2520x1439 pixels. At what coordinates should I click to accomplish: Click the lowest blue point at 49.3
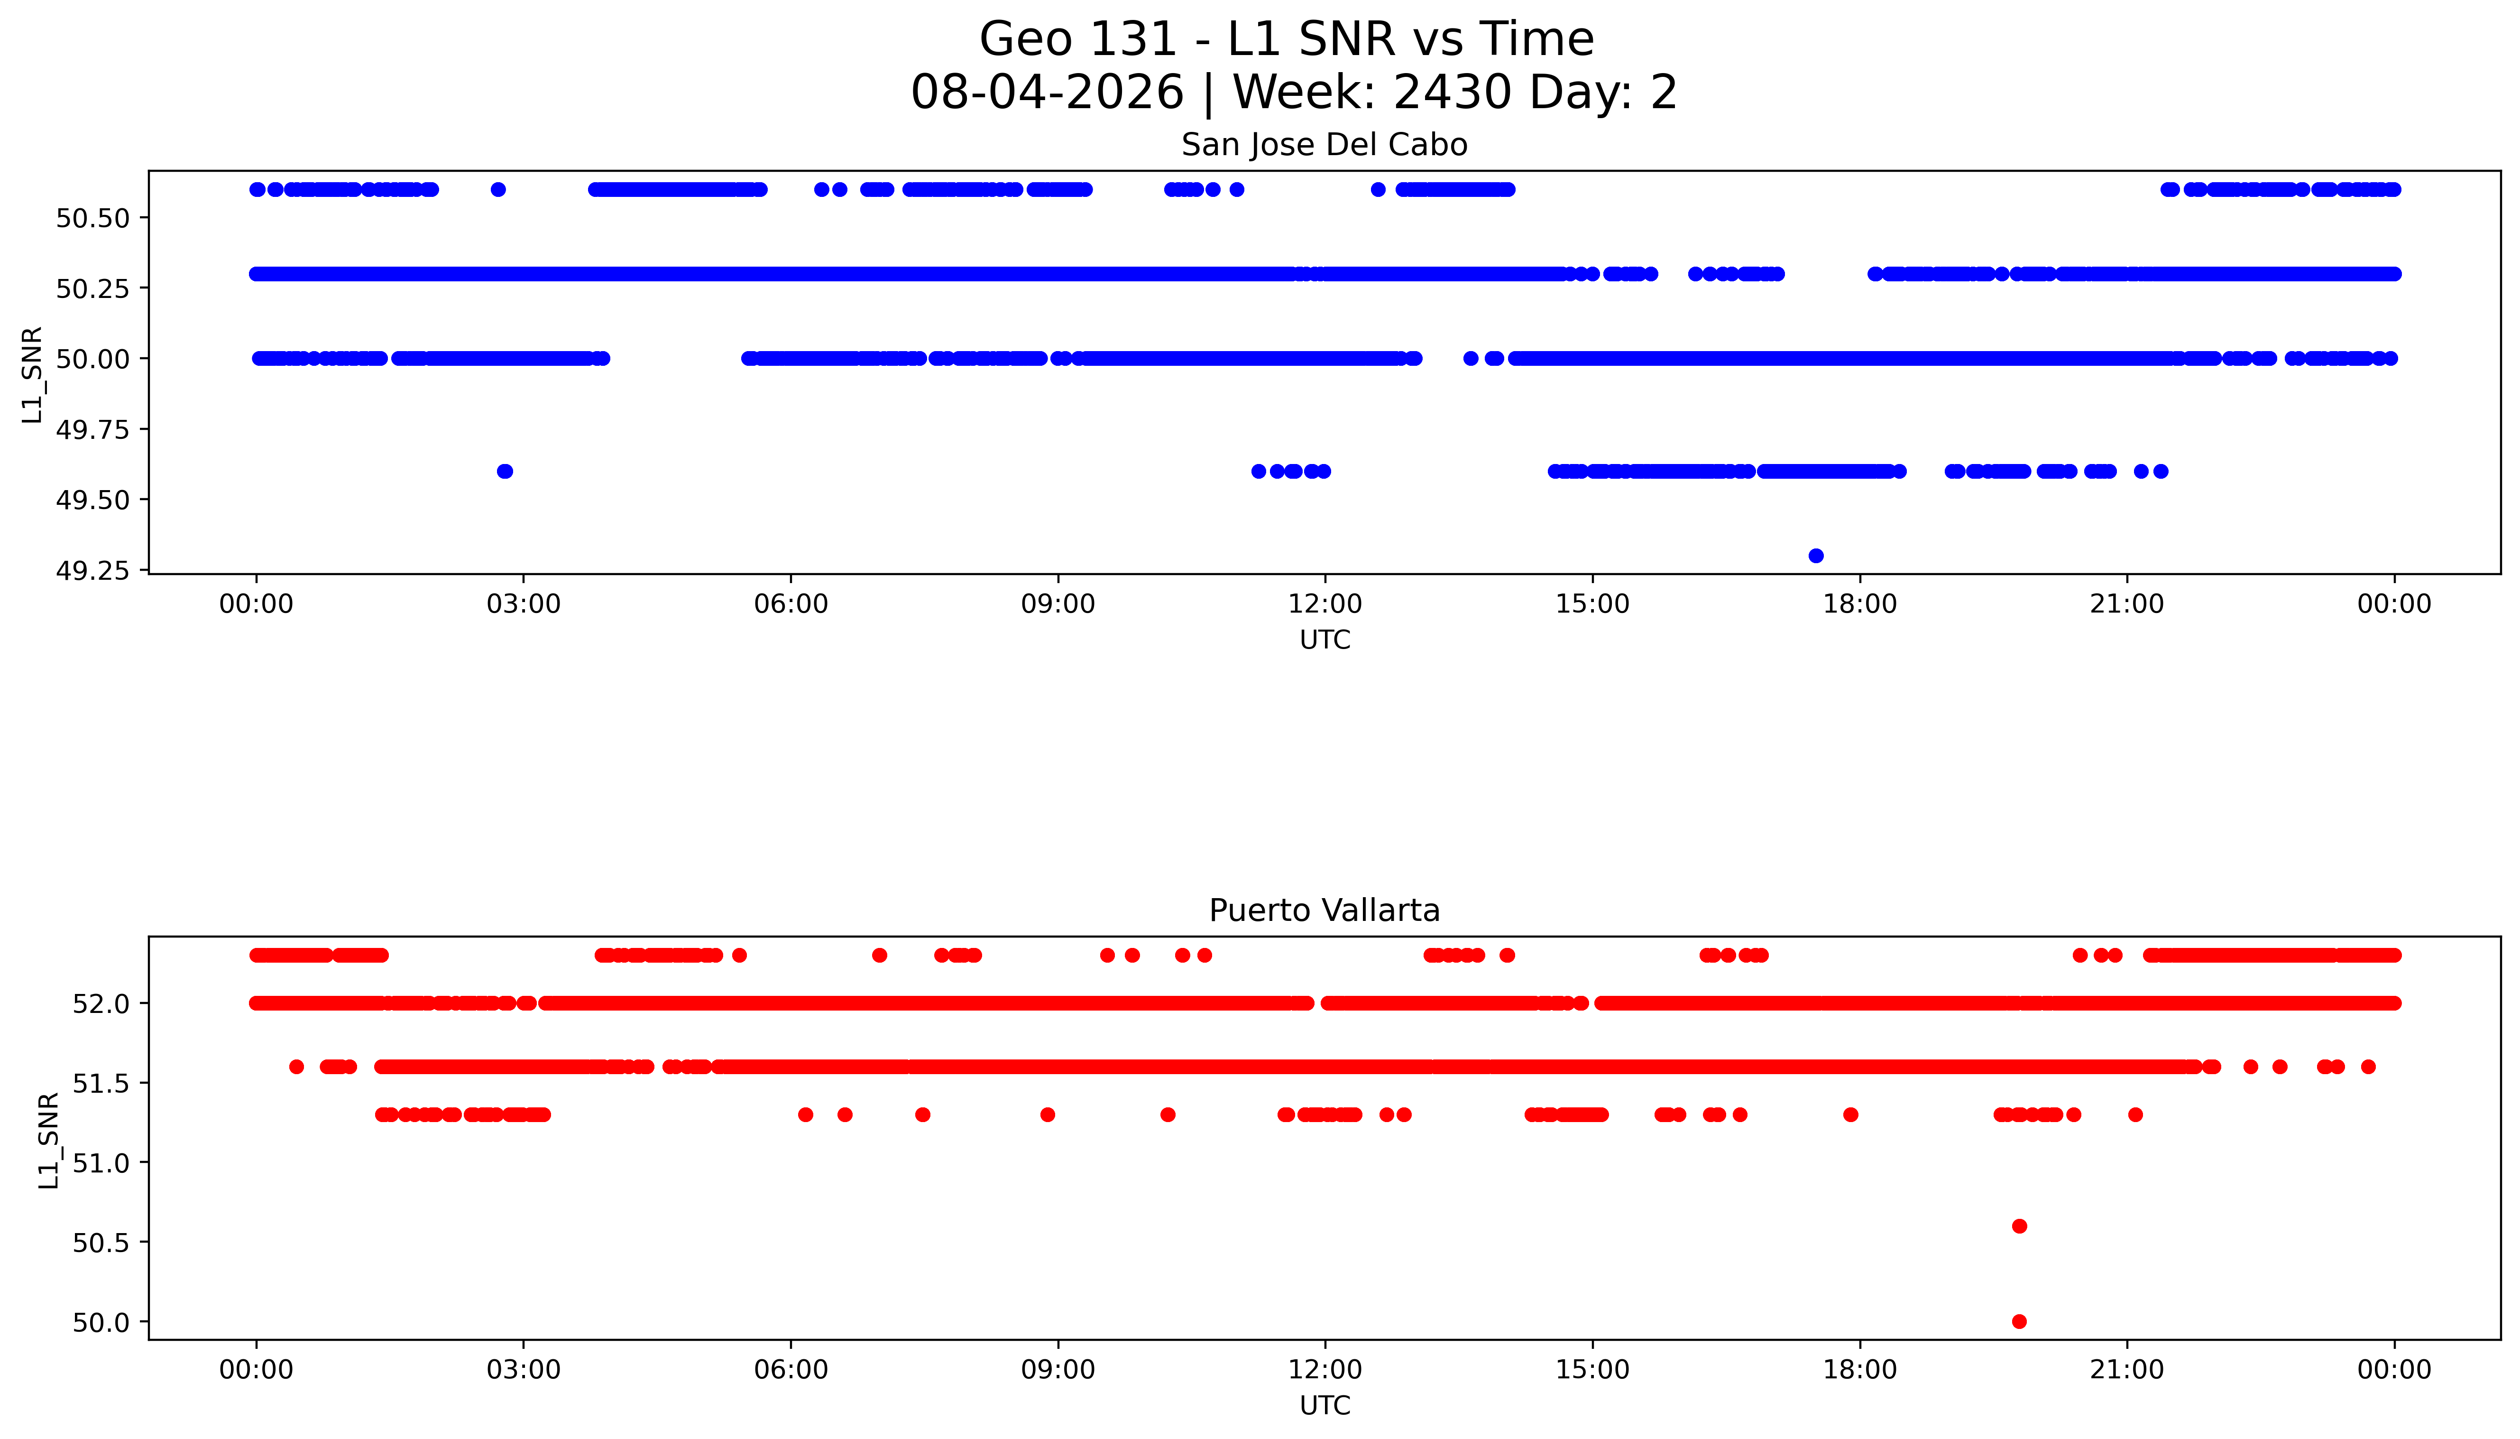coord(1816,556)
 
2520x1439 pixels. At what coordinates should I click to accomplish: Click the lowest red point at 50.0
coord(2019,1321)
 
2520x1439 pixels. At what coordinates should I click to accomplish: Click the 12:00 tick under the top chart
coord(1324,604)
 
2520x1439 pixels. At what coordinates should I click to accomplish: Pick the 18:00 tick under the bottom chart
coord(1859,1370)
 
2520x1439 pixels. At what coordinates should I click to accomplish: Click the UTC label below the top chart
coord(1324,641)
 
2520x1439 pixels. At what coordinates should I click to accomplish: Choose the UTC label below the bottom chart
coord(1324,1405)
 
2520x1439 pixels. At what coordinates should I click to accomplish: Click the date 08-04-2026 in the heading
coord(1047,93)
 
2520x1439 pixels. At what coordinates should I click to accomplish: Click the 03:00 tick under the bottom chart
coord(524,1370)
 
